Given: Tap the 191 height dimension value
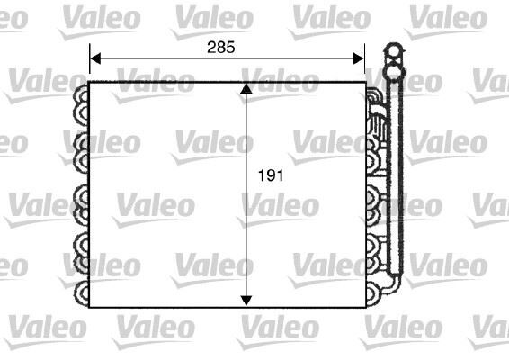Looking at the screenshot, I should (x=272, y=176).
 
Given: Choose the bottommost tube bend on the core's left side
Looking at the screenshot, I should (x=81, y=292).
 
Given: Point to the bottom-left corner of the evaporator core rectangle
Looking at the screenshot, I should (x=90, y=307).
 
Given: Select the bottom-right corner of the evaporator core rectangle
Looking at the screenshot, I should (x=366, y=307).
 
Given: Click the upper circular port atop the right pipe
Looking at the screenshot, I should (x=392, y=50).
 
